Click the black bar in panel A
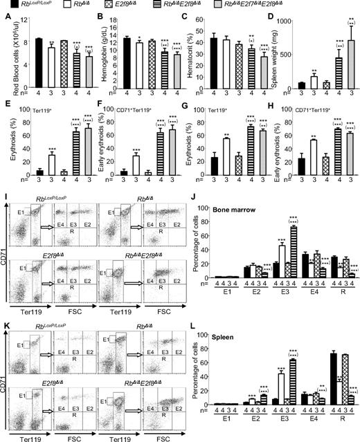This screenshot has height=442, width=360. [38, 63]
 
